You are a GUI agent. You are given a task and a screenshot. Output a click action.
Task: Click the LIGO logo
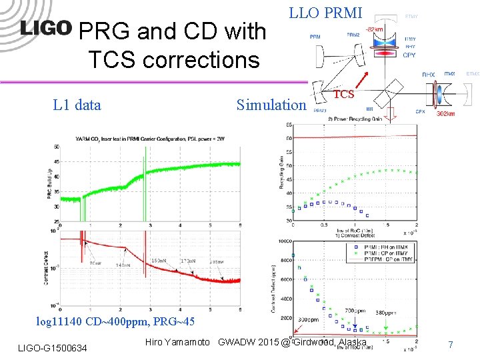[x=46, y=28]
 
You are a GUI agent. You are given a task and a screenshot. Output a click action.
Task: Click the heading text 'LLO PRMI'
[x=325, y=13]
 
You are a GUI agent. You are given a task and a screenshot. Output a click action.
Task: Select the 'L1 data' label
[x=77, y=105]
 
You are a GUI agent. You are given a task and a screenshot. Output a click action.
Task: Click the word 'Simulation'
[x=271, y=105]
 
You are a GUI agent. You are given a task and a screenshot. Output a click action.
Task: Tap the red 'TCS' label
[x=343, y=94]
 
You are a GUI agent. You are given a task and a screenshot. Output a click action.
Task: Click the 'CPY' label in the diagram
[x=409, y=55]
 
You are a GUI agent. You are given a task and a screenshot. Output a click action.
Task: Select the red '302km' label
[x=446, y=114]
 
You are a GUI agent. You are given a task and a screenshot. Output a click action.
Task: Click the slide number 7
[x=451, y=345]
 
